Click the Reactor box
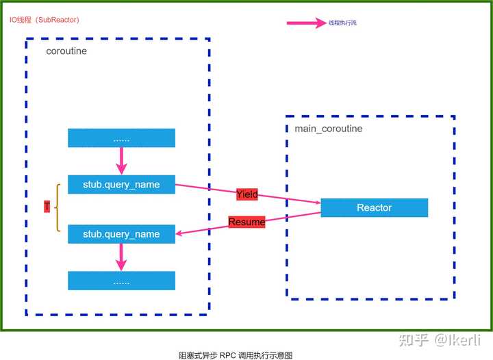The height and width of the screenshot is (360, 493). [x=374, y=207]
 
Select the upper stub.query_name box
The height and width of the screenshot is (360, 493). [x=121, y=184]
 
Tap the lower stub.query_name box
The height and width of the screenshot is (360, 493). [x=121, y=234]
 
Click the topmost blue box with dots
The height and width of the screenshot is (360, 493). [x=121, y=138]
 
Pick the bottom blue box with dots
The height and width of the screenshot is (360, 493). [x=121, y=281]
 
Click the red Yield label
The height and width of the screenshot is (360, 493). [x=247, y=194]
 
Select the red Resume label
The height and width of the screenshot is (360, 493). [x=246, y=222]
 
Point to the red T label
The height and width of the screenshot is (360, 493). [x=47, y=207]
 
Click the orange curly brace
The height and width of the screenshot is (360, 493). [x=58, y=207]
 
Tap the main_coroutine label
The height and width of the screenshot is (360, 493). [x=328, y=129]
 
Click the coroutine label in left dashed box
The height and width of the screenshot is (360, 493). [x=66, y=51]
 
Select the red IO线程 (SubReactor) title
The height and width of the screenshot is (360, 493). [x=45, y=20]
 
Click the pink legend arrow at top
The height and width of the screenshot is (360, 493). [x=306, y=23]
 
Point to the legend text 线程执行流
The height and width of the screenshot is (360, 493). [x=342, y=23]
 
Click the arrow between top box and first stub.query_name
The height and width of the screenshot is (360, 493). [x=122, y=161]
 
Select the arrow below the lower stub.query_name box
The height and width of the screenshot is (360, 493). [x=122, y=257]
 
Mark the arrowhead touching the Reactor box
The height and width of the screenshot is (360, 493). [x=316, y=202]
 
